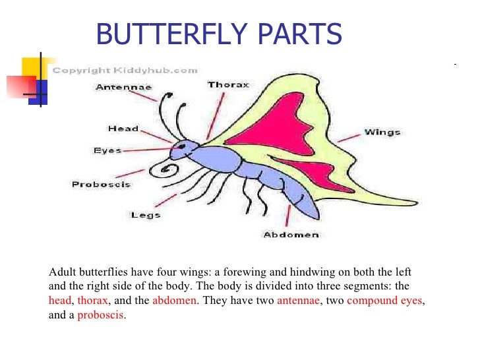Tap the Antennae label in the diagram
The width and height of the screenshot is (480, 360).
point(123,87)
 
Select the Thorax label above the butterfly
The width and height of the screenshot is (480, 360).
point(228,85)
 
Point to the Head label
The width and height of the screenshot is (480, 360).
point(123,129)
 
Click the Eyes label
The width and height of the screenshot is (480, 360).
point(107,151)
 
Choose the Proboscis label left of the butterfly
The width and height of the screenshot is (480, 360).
point(101,184)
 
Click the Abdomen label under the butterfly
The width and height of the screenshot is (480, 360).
point(291,235)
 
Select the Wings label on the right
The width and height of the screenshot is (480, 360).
point(382,133)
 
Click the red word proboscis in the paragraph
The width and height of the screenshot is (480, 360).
point(101,315)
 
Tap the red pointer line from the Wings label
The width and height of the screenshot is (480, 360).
point(349,137)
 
